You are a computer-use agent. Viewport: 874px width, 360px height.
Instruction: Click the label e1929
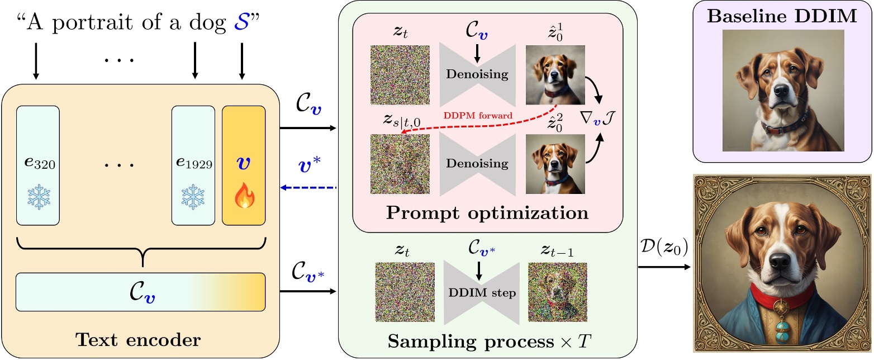[193, 165]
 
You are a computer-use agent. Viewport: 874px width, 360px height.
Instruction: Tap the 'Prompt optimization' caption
[487, 213]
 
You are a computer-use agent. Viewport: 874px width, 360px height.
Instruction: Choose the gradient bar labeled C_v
[140, 292]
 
